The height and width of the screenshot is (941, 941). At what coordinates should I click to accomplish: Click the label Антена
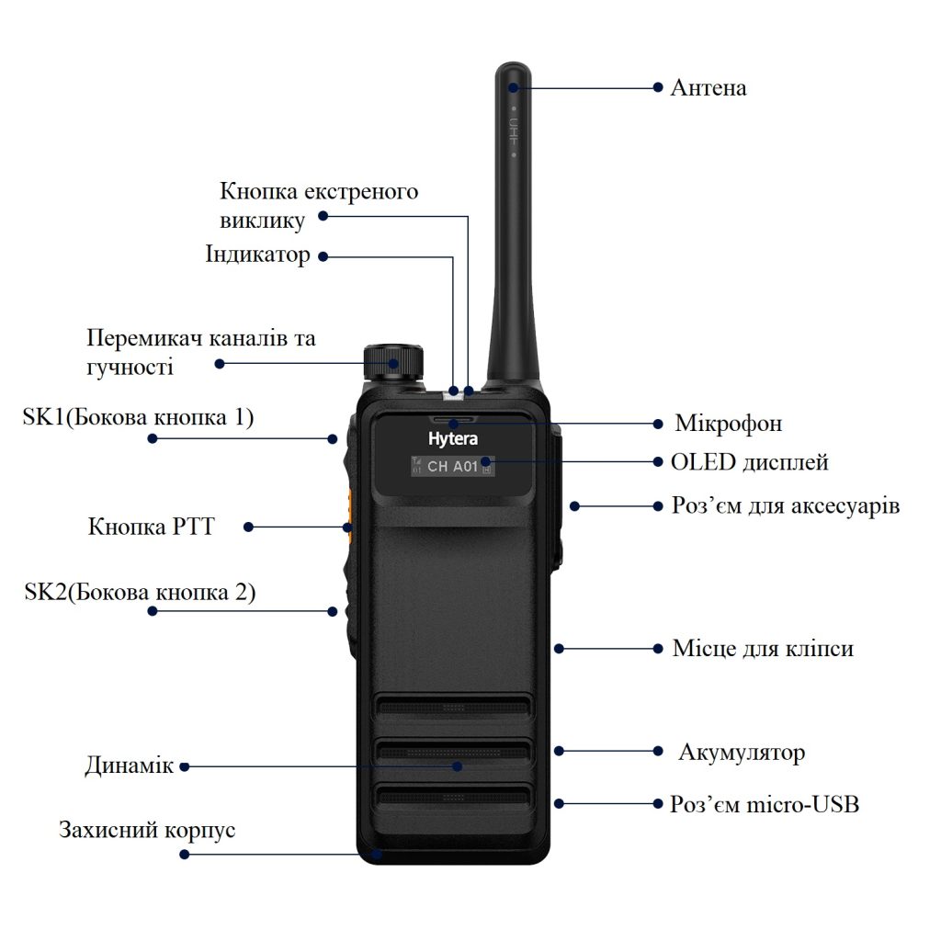point(709,87)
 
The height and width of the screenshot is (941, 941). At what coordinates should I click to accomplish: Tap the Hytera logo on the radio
point(453,438)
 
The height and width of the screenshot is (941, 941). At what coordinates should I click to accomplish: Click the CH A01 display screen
point(452,466)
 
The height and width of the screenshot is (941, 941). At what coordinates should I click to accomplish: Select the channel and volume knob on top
point(393,362)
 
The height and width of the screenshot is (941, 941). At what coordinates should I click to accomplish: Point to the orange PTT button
point(348,516)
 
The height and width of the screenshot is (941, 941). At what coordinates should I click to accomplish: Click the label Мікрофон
point(729,423)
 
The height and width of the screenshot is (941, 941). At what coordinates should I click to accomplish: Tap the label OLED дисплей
point(750,462)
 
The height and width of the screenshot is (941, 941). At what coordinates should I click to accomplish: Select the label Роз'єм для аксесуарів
point(786,505)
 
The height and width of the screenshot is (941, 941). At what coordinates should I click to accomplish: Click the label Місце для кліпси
point(763,648)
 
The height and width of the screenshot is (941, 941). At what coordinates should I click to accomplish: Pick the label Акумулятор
point(742,753)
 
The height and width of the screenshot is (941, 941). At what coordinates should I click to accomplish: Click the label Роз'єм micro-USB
point(765,803)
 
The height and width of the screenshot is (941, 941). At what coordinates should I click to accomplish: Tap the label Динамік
point(129,765)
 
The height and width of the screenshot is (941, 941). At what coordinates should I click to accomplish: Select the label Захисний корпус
point(147,830)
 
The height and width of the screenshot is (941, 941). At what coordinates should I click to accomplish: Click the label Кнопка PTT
point(152,527)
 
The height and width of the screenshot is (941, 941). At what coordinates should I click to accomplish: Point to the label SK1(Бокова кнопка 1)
point(138,417)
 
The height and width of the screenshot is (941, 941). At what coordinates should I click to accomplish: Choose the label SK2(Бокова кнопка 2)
point(140,593)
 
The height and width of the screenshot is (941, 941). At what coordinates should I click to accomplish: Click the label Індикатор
point(258,254)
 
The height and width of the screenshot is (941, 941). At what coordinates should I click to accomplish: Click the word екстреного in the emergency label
point(360,192)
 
